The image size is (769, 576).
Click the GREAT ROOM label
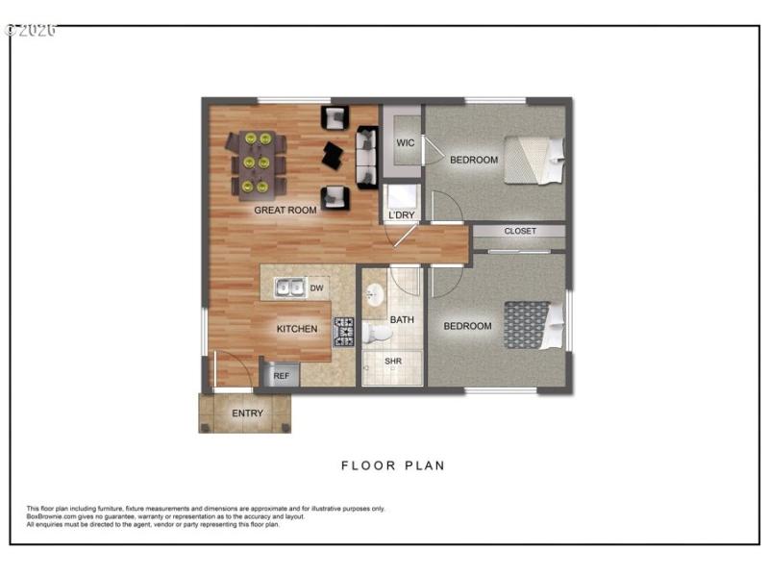tap(285, 210)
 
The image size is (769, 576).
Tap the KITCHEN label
tap(297, 329)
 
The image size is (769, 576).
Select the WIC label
tap(406, 143)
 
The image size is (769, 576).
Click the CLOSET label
tap(520, 231)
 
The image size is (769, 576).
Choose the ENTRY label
tap(247, 413)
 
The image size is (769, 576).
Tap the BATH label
tap(401, 318)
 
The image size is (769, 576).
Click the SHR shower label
tap(392, 362)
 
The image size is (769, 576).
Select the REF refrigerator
tap(281, 376)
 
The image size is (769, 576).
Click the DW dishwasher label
tap(316, 288)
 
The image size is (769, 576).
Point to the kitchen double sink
tap(289, 288)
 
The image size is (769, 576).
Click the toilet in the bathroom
tap(378, 334)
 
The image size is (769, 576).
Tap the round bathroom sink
tap(376, 294)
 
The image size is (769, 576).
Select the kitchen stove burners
tap(343, 332)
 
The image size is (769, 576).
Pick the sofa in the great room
tap(366, 157)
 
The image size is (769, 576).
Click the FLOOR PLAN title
tap(393, 466)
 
